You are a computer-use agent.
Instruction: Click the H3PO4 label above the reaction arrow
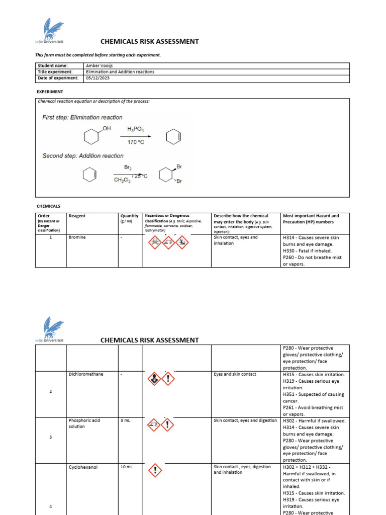tap(136, 129)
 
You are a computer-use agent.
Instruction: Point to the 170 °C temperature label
tap(136, 143)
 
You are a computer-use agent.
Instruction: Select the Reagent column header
tap(77, 216)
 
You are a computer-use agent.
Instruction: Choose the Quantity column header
tap(129, 216)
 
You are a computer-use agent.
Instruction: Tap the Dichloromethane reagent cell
tap(85, 374)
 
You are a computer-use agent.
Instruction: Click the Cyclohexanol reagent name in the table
tap(83, 467)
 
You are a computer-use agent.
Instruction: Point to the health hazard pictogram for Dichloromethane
tap(153, 379)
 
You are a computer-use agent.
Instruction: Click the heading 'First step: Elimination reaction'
tap(82, 117)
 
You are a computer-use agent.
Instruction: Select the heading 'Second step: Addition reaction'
tap(83, 156)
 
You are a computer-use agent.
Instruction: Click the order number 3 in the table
tap(51, 437)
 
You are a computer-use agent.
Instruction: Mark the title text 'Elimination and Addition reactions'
tap(120, 72)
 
